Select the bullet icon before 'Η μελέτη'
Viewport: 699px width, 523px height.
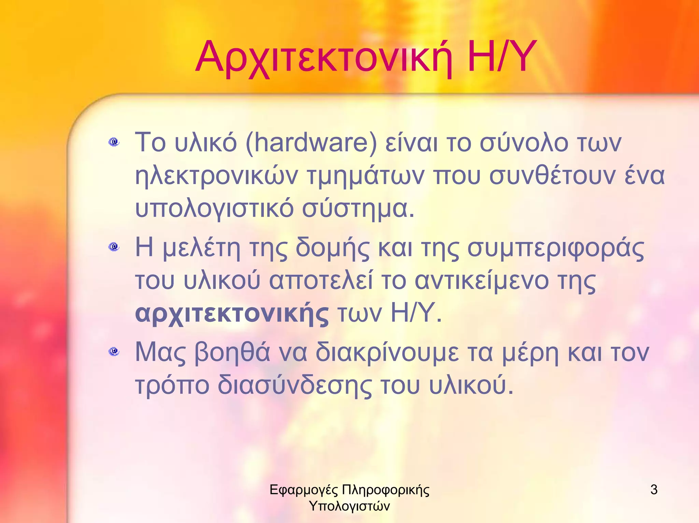(x=114, y=246)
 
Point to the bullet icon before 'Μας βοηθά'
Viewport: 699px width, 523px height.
(x=114, y=351)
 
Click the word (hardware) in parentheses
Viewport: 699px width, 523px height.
(x=311, y=142)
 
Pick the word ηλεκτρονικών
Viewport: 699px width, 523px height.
(x=216, y=176)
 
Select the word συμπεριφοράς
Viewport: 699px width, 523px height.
(x=556, y=248)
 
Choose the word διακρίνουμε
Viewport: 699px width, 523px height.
(x=387, y=352)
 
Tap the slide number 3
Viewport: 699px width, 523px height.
(x=654, y=490)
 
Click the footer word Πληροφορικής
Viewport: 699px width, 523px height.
(x=385, y=490)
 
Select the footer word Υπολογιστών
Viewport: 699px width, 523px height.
(x=349, y=506)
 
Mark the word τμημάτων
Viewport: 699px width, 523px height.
(x=366, y=176)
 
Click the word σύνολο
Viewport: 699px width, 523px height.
(x=524, y=142)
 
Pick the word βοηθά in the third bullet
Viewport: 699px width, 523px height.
(x=232, y=352)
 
